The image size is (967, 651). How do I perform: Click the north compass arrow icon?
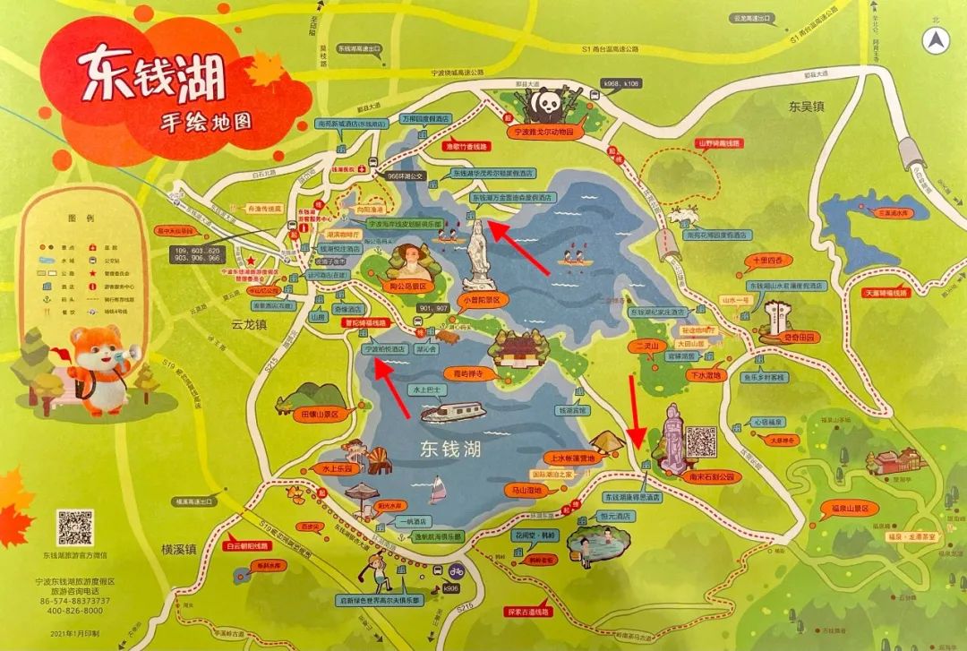[937, 40]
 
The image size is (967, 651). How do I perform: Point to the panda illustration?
[545, 107]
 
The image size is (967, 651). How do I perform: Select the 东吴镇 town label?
[805, 107]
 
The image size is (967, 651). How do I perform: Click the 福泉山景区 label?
[848, 508]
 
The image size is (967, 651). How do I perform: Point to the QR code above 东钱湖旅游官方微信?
[75, 527]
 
